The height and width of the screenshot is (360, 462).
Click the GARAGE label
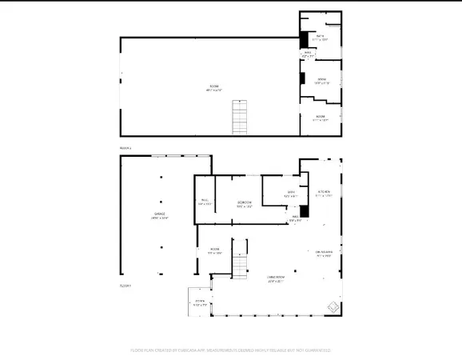click(x=161, y=215)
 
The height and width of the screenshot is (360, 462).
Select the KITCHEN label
click(x=324, y=193)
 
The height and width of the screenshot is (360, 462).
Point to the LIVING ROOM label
click(x=277, y=278)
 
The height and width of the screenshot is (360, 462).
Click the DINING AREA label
click(x=324, y=254)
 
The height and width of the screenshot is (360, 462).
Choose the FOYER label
click(x=200, y=302)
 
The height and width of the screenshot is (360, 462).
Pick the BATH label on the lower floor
click(x=292, y=194)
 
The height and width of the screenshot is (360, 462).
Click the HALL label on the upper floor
click(x=308, y=54)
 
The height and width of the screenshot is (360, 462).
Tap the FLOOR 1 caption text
click(x=125, y=286)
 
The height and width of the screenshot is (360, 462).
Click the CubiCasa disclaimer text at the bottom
click(x=231, y=350)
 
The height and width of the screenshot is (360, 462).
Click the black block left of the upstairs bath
click(x=303, y=38)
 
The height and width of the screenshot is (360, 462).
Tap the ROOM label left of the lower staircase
click(x=215, y=250)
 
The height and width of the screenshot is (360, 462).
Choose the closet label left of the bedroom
click(x=204, y=202)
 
